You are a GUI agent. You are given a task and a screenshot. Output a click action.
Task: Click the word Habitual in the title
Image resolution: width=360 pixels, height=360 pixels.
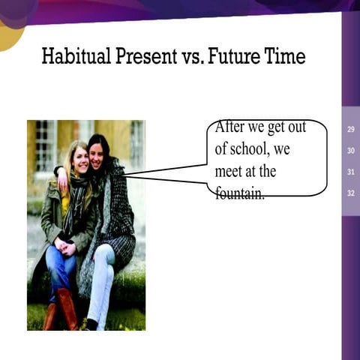73,55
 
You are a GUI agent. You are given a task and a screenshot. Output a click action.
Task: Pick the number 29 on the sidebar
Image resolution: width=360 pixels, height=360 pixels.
351,130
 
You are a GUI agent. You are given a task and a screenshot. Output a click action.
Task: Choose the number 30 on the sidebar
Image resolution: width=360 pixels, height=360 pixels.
351,151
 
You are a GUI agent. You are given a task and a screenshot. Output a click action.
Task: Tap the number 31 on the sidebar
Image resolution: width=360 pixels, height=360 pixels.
351,172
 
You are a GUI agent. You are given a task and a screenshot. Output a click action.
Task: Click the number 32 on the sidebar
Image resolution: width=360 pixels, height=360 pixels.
351,193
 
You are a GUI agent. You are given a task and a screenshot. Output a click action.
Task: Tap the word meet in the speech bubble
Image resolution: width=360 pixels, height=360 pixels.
229,171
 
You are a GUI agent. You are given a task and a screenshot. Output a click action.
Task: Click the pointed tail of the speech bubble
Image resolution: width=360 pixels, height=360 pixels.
129,175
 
